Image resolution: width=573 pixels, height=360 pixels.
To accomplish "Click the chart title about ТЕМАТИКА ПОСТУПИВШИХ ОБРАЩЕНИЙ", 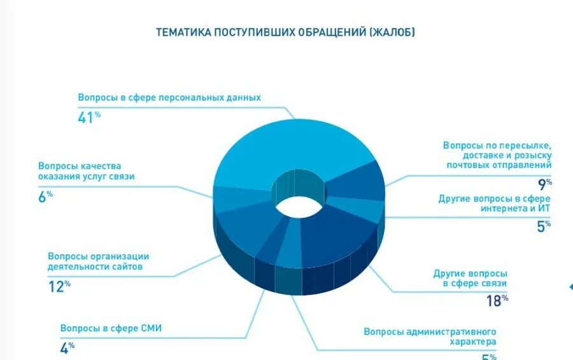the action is point(285,32).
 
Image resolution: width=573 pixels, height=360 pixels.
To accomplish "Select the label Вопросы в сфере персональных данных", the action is point(169,98).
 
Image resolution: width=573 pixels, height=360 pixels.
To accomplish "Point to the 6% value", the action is point(45,197).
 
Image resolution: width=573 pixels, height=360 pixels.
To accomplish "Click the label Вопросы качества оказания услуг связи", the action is point(86,171).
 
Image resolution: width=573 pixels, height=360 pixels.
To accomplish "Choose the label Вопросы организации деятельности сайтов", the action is point(98,262).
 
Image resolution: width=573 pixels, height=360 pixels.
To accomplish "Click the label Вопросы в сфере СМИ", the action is point(111,329).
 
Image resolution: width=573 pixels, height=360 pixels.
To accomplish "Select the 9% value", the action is point(544,185).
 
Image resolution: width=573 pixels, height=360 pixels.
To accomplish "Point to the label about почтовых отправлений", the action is point(497,155).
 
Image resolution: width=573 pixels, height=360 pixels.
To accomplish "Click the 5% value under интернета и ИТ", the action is point(543,226).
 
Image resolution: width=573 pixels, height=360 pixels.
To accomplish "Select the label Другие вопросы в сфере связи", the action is point(470,278).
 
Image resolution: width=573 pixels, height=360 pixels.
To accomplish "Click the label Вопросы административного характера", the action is point(430,336).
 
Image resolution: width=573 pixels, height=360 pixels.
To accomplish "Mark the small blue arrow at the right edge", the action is point(570,287).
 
